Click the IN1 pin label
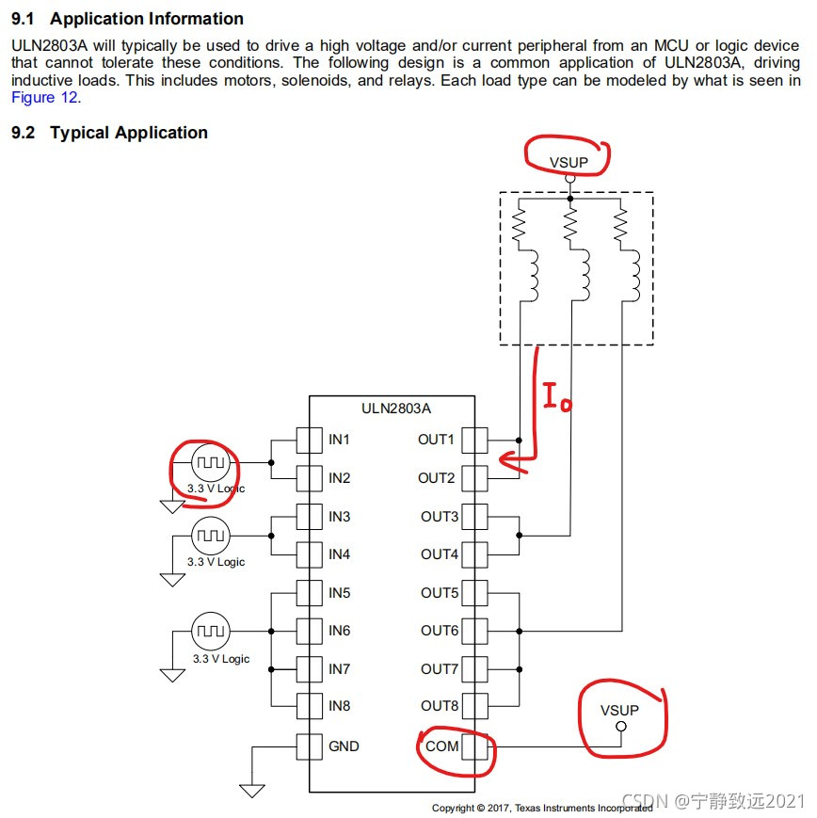tap(339, 440)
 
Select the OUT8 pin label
tap(440, 706)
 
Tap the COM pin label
tap(442, 746)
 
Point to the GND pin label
tap(344, 746)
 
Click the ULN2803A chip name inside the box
tap(396, 409)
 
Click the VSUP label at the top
tap(569, 162)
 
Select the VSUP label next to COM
tap(619, 711)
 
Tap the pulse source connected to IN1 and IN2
tap(210, 463)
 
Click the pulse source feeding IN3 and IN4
tap(210, 536)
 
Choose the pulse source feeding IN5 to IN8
tap(210, 631)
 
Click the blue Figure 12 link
tap(45, 97)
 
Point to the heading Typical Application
tap(129, 133)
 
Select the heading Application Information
tap(146, 19)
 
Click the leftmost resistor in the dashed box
tap(518, 227)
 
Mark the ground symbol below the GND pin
tap(252, 789)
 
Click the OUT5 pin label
tap(440, 592)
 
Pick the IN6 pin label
tap(339, 631)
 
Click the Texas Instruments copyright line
tap(541, 808)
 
